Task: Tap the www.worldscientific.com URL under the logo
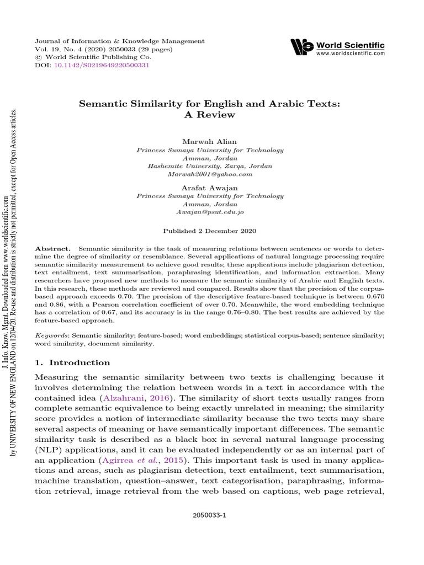(351, 54)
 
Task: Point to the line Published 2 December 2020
(210, 231)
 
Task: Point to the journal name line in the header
(119, 41)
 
